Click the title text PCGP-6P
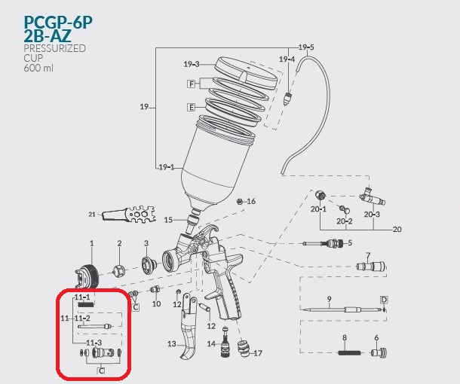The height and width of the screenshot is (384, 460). (58, 22)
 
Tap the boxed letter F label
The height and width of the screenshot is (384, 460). (192, 84)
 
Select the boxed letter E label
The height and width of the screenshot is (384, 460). (192, 107)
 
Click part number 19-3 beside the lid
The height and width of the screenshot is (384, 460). (192, 64)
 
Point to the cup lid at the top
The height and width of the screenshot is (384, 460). (247, 72)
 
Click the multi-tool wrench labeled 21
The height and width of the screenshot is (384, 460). (128, 215)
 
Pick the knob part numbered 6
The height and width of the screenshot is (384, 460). (378, 352)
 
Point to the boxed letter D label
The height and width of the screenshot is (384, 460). (384, 300)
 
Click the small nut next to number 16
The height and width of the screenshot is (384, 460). (240, 202)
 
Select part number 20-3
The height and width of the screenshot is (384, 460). (372, 214)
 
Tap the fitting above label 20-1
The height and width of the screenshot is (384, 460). (320, 195)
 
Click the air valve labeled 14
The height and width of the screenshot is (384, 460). (225, 341)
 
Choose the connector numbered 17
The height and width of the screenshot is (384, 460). (244, 349)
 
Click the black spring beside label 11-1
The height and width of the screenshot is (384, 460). (86, 305)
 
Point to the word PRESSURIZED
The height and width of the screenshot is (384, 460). (55, 48)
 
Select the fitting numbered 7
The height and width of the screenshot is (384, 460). (370, 267)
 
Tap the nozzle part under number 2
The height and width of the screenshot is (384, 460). (119, 270)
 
